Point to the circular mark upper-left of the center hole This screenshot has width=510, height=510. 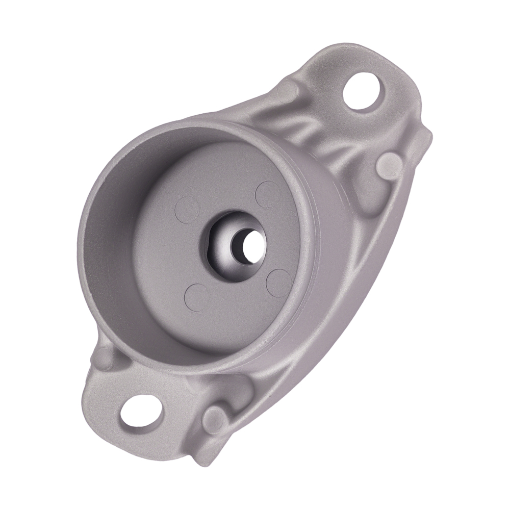click(x=187, y=210)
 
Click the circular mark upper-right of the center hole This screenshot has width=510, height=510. click(x=267, y=193)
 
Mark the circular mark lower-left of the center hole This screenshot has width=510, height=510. click(x=197, y=296)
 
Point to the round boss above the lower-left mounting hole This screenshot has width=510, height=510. click(x=105, y=357)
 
